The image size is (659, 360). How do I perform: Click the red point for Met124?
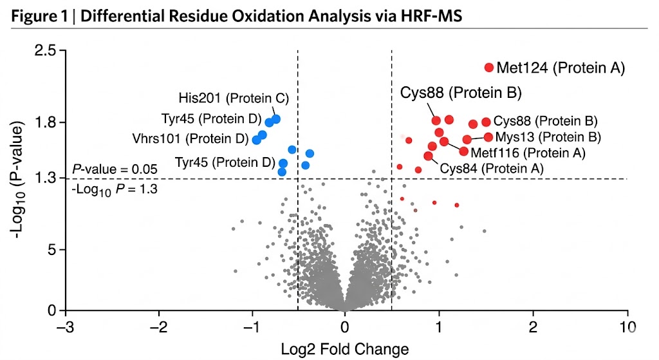tap(488, 68)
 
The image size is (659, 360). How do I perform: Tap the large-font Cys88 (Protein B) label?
tap(461, 93)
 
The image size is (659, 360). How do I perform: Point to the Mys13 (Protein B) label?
tap(548, 137)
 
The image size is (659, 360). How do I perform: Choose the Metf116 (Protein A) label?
tap(528, 153)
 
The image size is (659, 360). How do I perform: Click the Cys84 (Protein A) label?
tap(492, 168)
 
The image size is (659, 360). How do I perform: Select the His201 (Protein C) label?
tap(234, 99)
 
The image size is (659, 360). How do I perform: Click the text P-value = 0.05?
tap(115, 169)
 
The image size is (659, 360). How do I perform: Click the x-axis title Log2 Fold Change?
tap(345, 349)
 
